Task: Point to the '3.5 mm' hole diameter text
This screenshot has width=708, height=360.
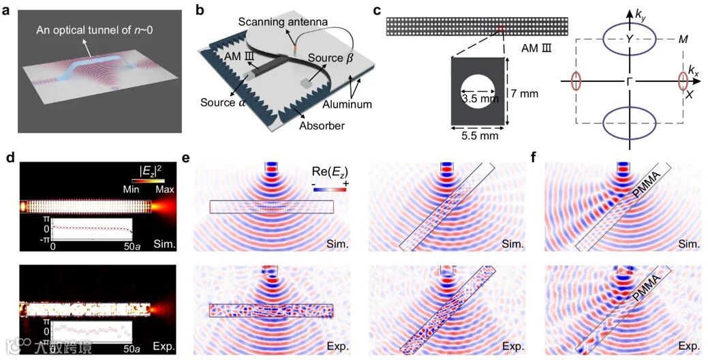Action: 478,99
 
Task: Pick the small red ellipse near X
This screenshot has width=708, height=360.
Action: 683,80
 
